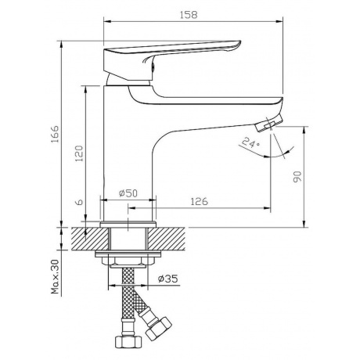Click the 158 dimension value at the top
point(189,15)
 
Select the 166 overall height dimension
point(55,134)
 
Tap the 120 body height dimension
point(79,153)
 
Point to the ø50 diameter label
point(128,193)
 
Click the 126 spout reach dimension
point(200,201)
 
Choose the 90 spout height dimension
point(297,177)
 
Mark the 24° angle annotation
point(250,142)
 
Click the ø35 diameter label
point(168,279)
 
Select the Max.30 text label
point(55,277)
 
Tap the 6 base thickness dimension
point(79,202)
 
